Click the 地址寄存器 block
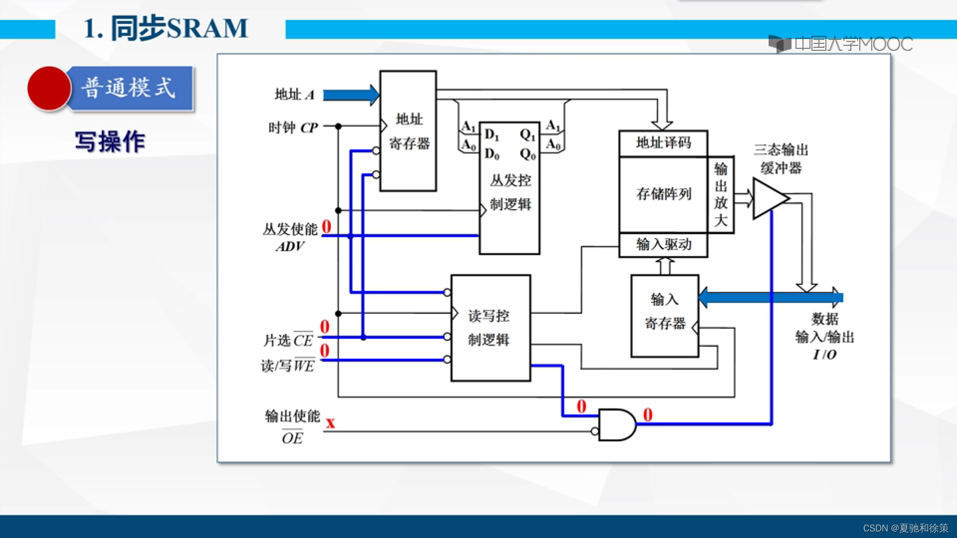pyautogui.click(x=408, y=132)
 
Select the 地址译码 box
pyautogui.click(x=663, y=143)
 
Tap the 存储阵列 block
pyautogui.click(x=663, y=194)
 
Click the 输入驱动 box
pyautogui.click(x=663, y=245)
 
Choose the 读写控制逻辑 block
pyautogui.click(x=490, y=328)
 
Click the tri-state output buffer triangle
pyautogui.click(x=769, y=198)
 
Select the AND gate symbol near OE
pyautogui.click(x=616, y=425)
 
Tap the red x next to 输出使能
pyautogui.click(x=330, y=423)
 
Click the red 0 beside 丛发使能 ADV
pyautogui.click(x=326, y=227)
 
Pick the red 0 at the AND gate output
pyautogui.click(x=647, y=414)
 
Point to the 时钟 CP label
pyautogui.click(x=293, y=128)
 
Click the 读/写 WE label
pyautogui.click(x=288, y=366)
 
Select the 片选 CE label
pyautogui.click(x=288, y=340)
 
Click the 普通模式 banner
pyautogui.click(x=130, y=88)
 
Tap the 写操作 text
pyautogui.click(x=110, y=142)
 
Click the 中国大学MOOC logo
pyautogui.click(x=840, y=44)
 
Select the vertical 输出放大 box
pyautogui.click(x=721, y=194)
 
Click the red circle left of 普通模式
pyautogui.click(x=49, y=88)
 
